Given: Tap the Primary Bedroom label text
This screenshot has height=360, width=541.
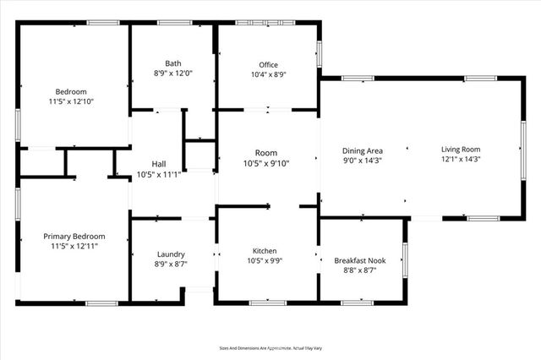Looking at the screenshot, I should click(74, 237).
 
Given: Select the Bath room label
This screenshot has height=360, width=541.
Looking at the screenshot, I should click(172, 63).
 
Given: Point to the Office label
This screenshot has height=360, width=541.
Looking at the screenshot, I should click(268, 65).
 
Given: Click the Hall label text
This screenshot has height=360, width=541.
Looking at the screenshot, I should click(159, 164).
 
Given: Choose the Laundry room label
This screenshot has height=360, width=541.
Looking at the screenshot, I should click(171, 254).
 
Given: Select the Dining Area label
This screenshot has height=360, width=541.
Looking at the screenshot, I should click(362, 150).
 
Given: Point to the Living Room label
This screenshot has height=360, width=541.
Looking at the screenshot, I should click(461, 150).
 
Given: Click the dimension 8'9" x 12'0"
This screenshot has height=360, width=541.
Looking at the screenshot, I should click(172, 74).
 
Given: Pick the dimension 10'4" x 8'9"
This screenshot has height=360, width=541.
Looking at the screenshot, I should click(268, 74).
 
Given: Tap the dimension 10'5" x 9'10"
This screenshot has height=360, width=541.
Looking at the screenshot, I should click(266, 164).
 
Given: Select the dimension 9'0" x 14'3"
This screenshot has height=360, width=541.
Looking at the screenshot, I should click(362, 160).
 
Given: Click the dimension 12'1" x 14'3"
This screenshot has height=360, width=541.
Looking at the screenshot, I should click(461, 159).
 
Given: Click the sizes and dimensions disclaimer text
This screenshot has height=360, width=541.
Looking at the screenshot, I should click(270, 347).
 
